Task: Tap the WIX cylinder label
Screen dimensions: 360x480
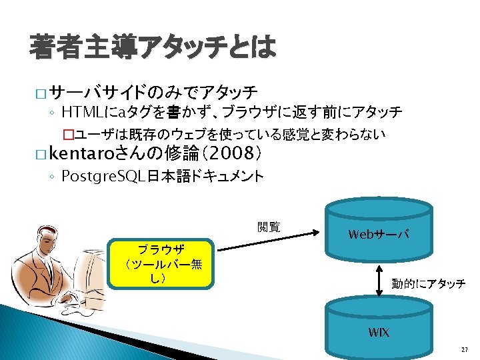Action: [379, 331]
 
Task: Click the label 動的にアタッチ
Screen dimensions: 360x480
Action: [428, 284]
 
